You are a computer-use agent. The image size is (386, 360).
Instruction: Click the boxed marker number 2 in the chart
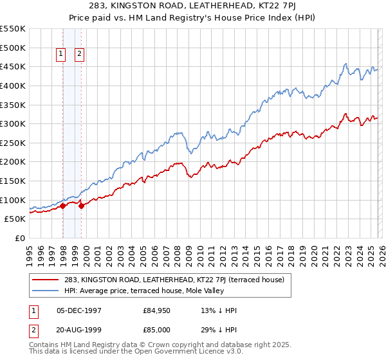tap(80, 55)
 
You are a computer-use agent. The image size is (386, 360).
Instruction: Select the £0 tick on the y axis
tap(20, 238)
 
